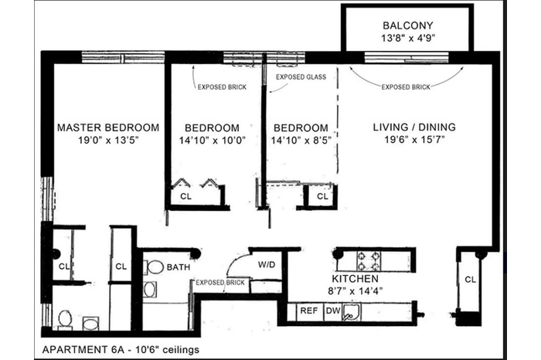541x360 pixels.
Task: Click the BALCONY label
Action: [408, 25]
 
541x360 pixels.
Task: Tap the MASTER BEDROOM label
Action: [108, 127]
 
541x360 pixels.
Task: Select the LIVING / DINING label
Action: [414, 127]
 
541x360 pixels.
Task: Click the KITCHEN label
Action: [355, 279]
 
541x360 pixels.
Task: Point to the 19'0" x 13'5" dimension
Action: [108, 140]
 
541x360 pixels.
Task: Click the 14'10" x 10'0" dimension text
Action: [213, 140]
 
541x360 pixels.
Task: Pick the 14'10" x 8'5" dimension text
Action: [301, 140]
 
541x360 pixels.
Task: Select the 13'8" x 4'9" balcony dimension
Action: [408, 38]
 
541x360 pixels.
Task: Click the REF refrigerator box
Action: [310, 312]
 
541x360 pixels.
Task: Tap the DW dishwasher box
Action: [333, 312]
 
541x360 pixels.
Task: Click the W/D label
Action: [267, 265]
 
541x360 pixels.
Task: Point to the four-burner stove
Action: [369, 261]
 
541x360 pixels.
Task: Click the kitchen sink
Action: [351, 312]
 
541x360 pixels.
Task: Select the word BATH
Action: [179, 267]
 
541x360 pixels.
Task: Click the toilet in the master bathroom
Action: [65, 318]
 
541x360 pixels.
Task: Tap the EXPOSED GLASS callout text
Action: [301, 77]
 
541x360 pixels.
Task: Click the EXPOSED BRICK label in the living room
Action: [406, 87]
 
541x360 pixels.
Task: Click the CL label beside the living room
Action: [470, 280]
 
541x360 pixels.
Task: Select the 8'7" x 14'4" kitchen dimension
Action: [356, 291]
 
